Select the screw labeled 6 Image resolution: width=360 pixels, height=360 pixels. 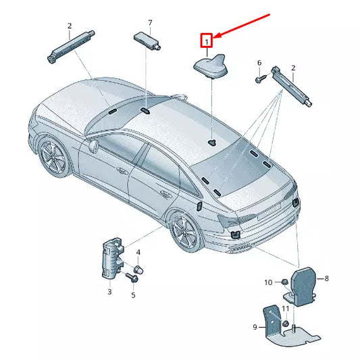(259, 78)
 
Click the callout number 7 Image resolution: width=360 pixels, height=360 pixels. (151, 24)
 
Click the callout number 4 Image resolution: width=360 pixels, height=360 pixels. (138, 253)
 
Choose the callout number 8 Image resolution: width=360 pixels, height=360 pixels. (326, 278)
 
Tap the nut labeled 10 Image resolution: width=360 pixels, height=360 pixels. (284, 281)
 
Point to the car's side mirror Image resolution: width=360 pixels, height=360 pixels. (93, 145)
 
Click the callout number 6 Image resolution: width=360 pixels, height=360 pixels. (259, 63)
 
